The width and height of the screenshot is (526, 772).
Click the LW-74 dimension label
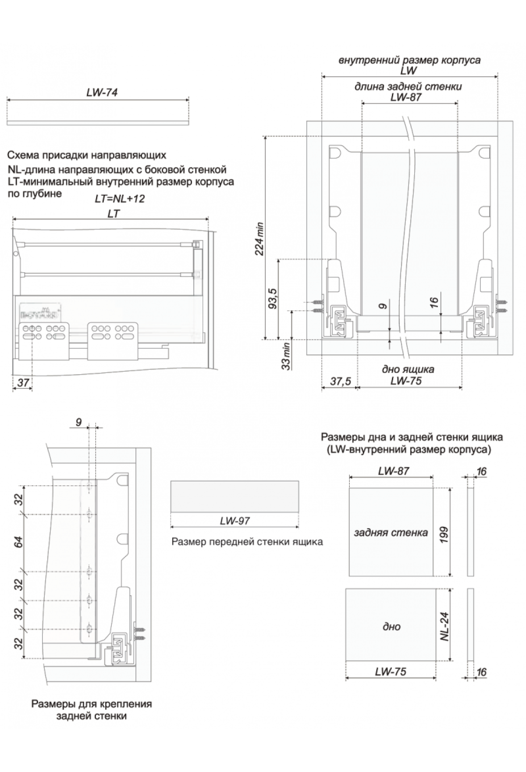pyautogui.click(x=102, y=93)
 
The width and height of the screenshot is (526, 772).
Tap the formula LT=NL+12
pyautogui.click(x=120, y=199)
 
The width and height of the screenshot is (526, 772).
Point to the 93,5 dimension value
pyautogui.click(x=272, y=298)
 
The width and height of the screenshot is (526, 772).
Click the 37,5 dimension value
pyautogui.click(x=340, y=381)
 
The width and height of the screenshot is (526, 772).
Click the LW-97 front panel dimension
pyautogui.click(x=235, y=521)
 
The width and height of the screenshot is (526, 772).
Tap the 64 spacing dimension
pyautogui.click(x=19, y=542)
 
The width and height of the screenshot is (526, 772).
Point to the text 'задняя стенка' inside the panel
pyautogui.click(x=391, y=533)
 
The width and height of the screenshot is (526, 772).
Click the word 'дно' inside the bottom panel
pyautogui.click(x=391, y=627)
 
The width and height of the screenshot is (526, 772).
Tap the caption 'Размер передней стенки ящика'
pyautogui.click(x=247, y=542)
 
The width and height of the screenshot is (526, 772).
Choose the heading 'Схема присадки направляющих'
pyautogui.click(x=87, y=155)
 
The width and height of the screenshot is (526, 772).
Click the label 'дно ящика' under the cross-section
pyautogui.click(x=408, y=369)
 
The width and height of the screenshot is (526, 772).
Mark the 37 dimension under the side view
pyautogui.click(x=23, y=382)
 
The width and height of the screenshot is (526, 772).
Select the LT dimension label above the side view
pyautogui.click(x=114, y=214)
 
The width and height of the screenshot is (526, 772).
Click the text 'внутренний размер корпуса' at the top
pyautogui.click(x=409, y=60)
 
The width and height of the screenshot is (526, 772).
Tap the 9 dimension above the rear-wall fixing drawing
pyautogui.click(x=78, y=422)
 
